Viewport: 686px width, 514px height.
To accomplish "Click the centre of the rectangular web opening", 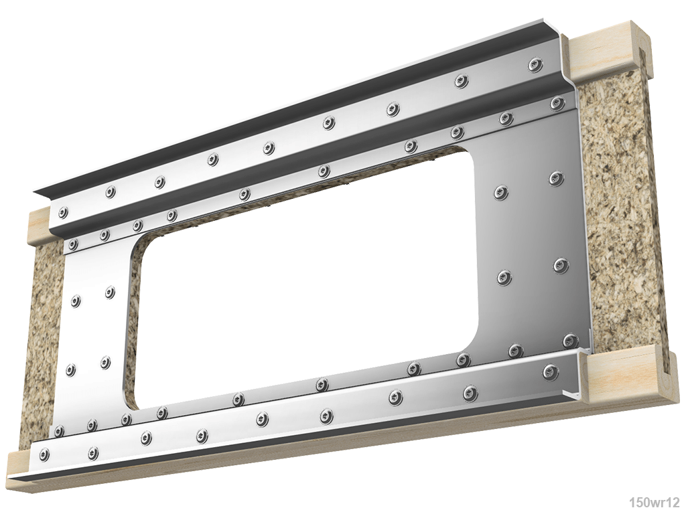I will [x=305, y=278].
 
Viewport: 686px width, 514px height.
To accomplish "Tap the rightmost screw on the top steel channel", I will [x=535, y=65].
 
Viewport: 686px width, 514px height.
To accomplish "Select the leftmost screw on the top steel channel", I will [x=63, y=213].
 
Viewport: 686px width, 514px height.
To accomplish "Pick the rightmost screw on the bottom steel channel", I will [x=550, y=371].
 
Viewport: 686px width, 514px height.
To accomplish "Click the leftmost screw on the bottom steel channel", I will [x=44, y=455].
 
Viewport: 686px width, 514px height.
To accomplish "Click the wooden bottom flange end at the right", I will [x=623, y=375].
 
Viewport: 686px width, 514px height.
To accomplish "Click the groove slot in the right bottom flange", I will [x=663, y=365].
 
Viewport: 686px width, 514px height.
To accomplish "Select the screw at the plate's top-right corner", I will [x=557, y=103].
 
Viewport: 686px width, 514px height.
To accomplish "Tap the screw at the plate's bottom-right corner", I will [x=570, y=341].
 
